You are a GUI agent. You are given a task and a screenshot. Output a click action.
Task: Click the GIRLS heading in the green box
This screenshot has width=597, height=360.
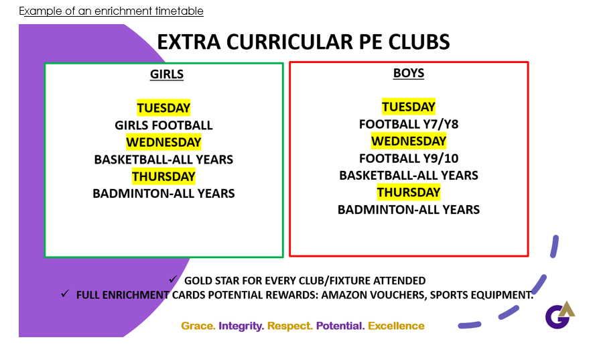point(166,74)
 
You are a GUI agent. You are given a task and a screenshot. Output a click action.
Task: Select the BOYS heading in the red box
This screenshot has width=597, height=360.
point(409,73)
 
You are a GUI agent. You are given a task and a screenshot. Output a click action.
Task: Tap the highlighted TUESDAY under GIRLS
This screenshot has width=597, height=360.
point(163,108)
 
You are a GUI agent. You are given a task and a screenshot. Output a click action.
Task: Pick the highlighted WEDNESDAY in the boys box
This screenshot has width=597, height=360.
point(409,141)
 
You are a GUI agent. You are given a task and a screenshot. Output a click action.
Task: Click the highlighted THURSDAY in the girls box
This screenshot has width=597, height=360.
point(163,176)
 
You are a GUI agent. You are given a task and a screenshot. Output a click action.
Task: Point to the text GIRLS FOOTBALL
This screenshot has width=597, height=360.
point(163,125)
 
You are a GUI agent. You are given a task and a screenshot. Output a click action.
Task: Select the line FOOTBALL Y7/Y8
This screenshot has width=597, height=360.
point(409,124)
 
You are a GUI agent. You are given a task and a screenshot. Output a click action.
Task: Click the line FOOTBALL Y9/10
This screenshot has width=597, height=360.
point(409,158)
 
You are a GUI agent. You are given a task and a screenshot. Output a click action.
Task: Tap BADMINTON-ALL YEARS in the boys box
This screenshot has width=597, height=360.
point(409,210)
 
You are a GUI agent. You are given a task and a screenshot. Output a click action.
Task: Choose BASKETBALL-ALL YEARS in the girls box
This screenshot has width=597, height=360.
point(163,160)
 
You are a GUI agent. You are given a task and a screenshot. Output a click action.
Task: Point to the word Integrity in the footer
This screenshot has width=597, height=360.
point(241,326)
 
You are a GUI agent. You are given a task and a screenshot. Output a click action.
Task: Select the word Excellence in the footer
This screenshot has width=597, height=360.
point(396,326)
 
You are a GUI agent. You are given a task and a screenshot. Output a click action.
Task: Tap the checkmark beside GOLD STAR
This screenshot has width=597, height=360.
point(174,280)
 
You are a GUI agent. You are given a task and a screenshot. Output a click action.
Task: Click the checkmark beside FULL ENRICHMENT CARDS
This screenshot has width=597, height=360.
point(65,294)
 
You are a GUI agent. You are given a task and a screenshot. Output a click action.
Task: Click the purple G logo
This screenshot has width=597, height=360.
point(557,317)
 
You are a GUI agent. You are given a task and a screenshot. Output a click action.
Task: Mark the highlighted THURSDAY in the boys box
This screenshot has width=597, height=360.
point(409,192)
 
